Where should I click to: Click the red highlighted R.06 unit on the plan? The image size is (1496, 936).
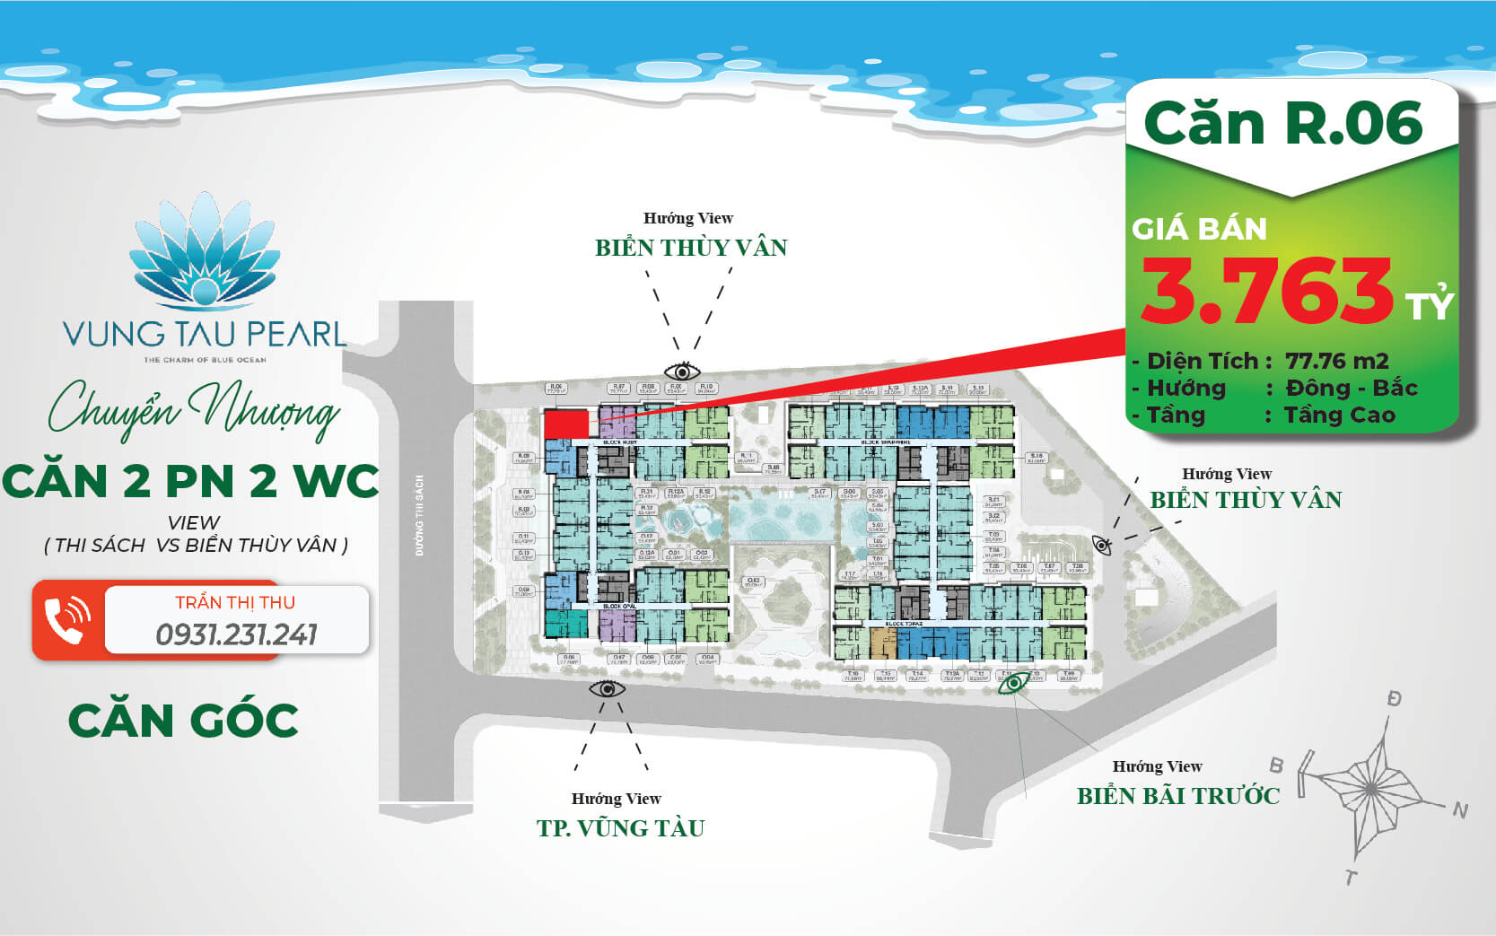click(565, 424)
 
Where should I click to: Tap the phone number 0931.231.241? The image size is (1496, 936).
click(236, 634)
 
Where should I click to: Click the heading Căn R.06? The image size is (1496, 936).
click(1283, 123)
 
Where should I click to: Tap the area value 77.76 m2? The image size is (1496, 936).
click(1336, 361)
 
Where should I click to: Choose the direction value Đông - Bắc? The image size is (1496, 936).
click(1351, 388)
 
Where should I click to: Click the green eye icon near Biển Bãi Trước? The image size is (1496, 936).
click(1014, 683)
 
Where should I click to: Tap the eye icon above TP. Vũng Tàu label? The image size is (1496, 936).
click(607, 688)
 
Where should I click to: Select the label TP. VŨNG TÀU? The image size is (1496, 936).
click(621, 827)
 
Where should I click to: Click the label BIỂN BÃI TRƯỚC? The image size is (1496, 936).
click(1177, 795)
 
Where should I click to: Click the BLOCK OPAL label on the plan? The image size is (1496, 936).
click(618, 607)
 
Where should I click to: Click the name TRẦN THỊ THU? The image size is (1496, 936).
click(235, 602)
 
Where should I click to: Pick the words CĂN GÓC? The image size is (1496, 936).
click(184, 721)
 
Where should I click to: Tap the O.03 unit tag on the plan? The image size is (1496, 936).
click(753, 581)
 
